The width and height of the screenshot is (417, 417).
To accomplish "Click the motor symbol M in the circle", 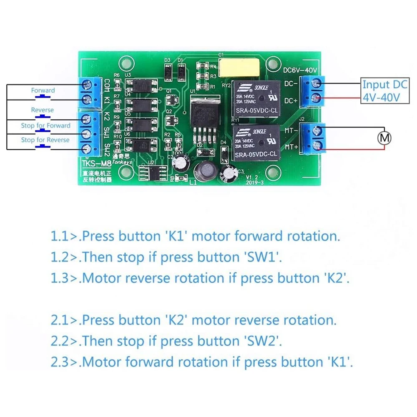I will [x=383, y=137].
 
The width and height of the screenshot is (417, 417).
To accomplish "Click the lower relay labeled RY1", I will [x=256, y=142].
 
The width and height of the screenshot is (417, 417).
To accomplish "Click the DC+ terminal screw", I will [x=318, y=99].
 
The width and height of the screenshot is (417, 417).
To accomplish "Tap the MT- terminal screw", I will [x=318, y=130].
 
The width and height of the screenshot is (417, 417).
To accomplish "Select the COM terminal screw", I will [x=87, y=85].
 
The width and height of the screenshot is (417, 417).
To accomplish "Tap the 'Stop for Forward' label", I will [x=46, y=126].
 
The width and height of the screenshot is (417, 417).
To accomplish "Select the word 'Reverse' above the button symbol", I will [x=43, y=110].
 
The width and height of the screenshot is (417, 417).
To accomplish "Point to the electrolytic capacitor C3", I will [x=229, y=172].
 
